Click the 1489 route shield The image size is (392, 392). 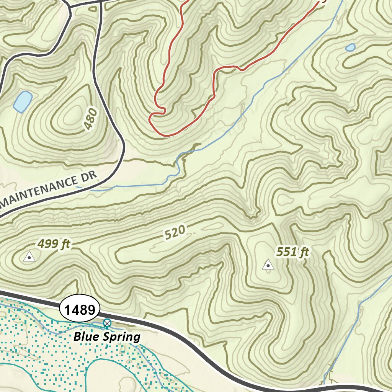click(80, 309)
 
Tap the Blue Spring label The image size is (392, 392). click(107, 337)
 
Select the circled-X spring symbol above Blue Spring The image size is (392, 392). click(107, 323)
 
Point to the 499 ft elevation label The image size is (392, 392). click(54, 244)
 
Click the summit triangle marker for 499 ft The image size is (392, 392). click(29, 257)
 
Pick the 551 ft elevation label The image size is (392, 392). click(292, 252)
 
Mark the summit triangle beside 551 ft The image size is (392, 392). click(268, 265)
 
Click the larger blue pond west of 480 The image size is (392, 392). click(22, 101)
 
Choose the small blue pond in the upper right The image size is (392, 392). click(350, 47)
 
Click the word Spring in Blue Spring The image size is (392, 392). click(124, 337)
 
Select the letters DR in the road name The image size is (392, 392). click(92, 178)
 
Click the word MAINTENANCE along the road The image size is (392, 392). click(42, 192)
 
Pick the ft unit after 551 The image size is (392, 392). click(304, 252)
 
